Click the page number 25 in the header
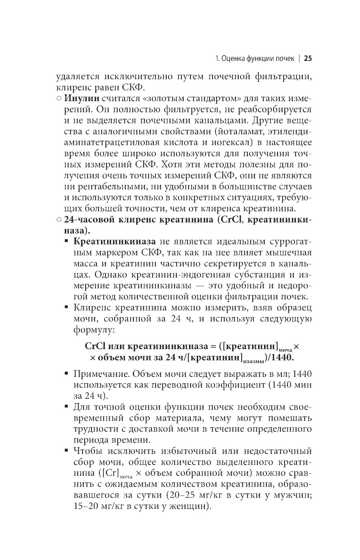[307, 59]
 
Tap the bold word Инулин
[81, 98]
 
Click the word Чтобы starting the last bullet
[88, 451]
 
